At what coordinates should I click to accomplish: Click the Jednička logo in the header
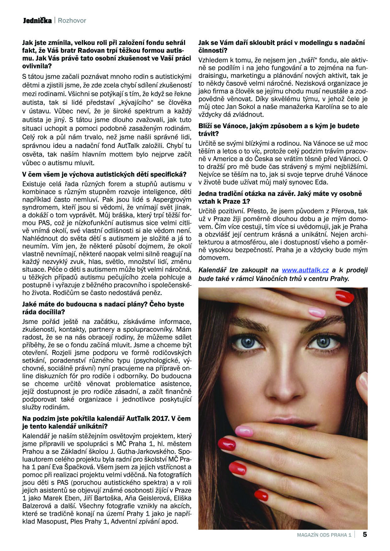tap(37, 21)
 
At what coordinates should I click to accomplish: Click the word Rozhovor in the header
tap(72, 21)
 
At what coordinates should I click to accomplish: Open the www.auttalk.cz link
tap(305, 270)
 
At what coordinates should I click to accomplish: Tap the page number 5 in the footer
tap(365, 535)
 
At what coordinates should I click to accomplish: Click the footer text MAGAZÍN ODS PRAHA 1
tap(324, 535)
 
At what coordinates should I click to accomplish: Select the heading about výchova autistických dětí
tap(104, 174)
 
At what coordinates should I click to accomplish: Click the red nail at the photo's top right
tap(345, 297)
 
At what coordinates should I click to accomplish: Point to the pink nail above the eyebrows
tap(317, 312)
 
